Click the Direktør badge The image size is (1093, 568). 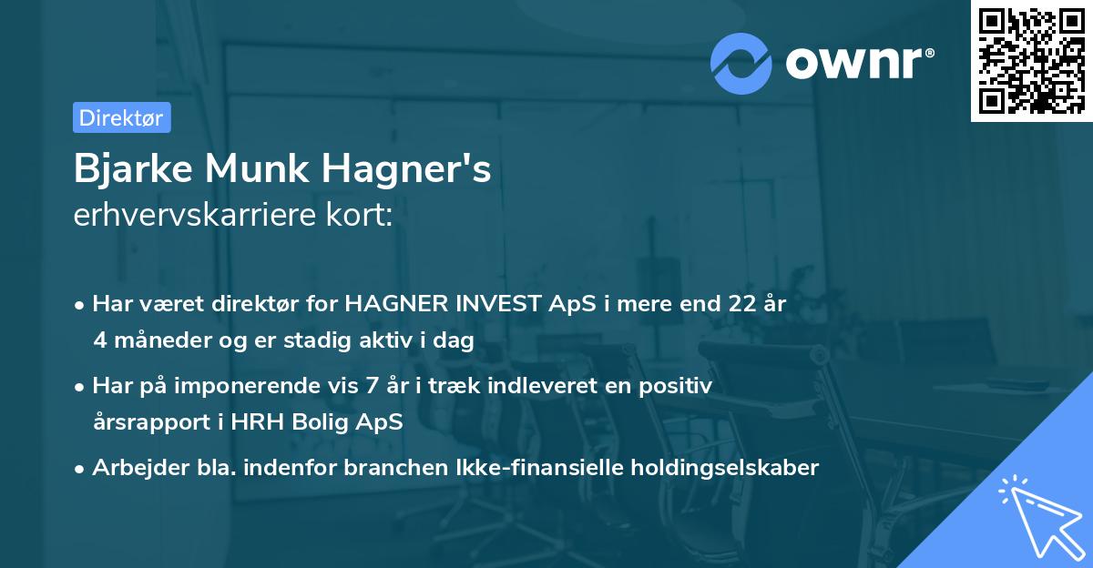pos(121,117)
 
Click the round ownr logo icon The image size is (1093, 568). pos(741,63)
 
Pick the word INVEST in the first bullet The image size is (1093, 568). pos(480,304)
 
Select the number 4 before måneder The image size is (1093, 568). pos(99,340)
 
